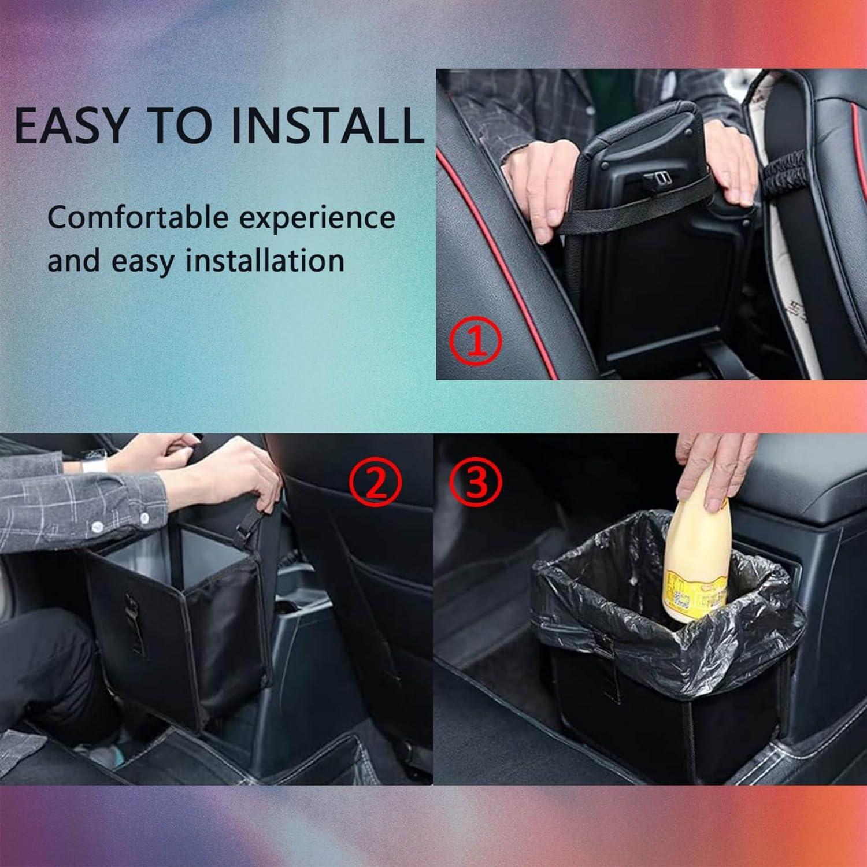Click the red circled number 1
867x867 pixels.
[x=476, y=343]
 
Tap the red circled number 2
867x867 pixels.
[x=375, y=484]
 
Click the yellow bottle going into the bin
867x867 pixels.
[x=694, y=555]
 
